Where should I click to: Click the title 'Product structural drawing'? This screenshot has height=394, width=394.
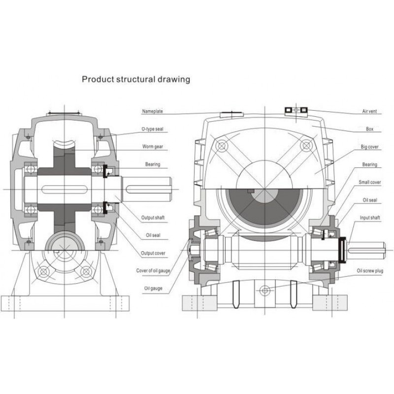click(x=135, y=79)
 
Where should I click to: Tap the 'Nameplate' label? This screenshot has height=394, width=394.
click(x=153, y=111)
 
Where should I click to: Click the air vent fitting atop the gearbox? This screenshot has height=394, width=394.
click(x=296, y=109)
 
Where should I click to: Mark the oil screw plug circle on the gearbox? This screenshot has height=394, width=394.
click(x=265, y=290)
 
